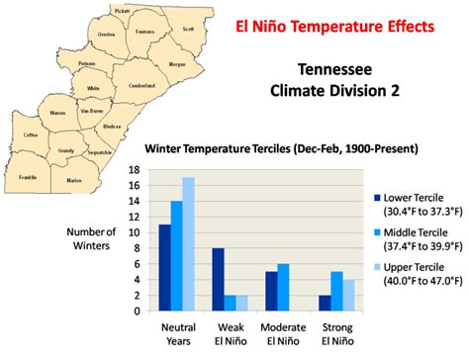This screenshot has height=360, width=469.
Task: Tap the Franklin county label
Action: coord(28,176)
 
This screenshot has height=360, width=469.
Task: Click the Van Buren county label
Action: coord(91,111)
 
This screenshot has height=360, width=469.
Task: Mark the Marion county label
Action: coord(74,181)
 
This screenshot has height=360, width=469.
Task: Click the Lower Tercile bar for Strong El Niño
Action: coord(323,305)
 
